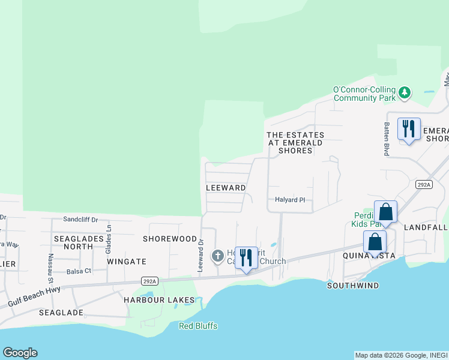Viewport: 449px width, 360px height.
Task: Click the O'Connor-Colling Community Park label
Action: point(364,94)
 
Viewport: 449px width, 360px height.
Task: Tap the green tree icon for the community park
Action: point(405,92)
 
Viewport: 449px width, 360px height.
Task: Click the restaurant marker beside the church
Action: point(246,259)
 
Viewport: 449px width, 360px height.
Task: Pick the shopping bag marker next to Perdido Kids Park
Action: point(385,213)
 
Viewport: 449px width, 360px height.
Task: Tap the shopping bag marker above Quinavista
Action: point(375,243)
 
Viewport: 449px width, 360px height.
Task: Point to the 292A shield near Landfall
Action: point(424,185)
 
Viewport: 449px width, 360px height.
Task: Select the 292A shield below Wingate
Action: point(150,281)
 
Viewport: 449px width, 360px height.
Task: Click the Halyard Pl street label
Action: point(291,200)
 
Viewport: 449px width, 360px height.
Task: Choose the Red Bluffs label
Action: point(198,326)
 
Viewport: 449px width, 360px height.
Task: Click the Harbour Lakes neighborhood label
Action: point(159,299)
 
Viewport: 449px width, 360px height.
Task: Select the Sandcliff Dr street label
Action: point(80,220)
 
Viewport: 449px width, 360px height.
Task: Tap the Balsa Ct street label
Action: point(79,271)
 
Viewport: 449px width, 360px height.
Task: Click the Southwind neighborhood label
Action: point(353,286)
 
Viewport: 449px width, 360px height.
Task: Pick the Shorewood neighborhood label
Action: point(170,239)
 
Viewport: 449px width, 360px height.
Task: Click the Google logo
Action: point(20,353)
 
